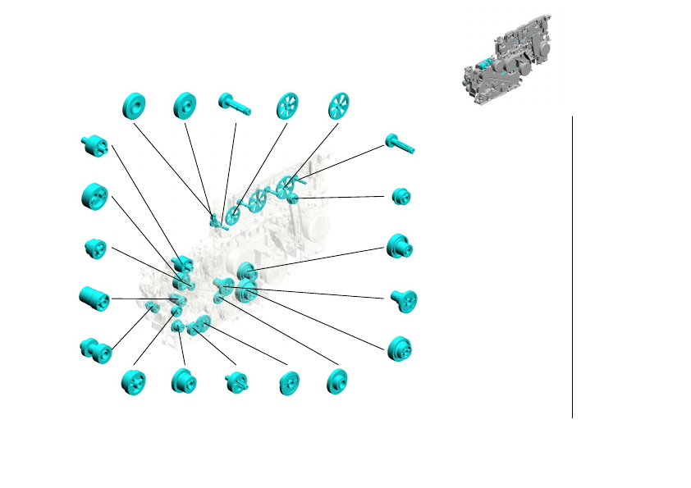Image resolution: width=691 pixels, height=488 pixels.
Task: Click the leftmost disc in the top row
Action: (x=133, y=106)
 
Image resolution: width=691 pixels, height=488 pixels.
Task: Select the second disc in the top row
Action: (x=185, y=106)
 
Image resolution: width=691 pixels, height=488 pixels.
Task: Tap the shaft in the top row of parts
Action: (x=236, y=104)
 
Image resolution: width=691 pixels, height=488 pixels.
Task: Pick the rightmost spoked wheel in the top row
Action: (x=339, y=106)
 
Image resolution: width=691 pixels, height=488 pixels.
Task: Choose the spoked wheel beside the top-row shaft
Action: (x=287, y=106)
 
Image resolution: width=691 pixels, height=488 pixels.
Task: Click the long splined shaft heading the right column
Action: (x=400, y=144)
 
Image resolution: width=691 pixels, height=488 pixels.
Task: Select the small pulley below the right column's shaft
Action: (x=400, y=197)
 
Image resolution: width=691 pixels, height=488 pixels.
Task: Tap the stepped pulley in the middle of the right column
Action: (x=400, y=246)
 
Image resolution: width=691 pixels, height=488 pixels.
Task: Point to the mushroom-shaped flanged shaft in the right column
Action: (x=403, y=299)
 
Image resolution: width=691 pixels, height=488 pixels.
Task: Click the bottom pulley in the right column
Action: (x=400, y=349)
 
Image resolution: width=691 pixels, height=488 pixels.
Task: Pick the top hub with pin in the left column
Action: (x=94, y=145)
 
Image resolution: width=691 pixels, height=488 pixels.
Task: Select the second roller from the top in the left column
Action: (x=94, y=196)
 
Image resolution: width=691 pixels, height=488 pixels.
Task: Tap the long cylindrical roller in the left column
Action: (x=94, y=299)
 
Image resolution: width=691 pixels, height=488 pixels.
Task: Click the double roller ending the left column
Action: (x=94, y=350)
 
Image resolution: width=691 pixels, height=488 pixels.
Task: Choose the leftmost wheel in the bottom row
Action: (x=133, y=382)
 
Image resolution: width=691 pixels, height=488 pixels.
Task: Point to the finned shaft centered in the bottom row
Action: (x=236, y=382)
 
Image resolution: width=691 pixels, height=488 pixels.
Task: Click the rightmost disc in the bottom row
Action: (x=336, y=381)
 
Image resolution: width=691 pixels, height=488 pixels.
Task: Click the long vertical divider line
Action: (x=572, y=267)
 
